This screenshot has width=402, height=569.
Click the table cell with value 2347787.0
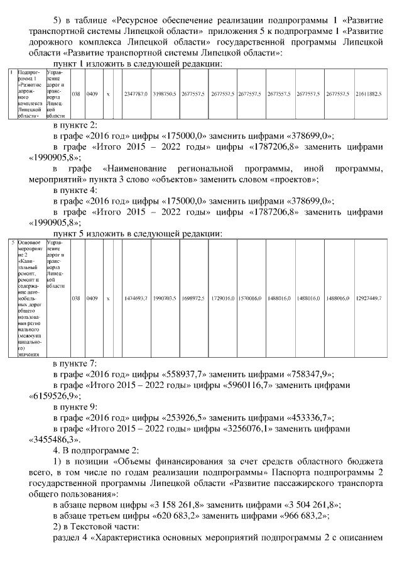tap(136, 94)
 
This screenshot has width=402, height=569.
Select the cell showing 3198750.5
tap(164, 94)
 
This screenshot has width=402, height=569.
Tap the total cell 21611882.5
tap(369, 94)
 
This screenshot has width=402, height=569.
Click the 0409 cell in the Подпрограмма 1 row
tap(92, 94)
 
